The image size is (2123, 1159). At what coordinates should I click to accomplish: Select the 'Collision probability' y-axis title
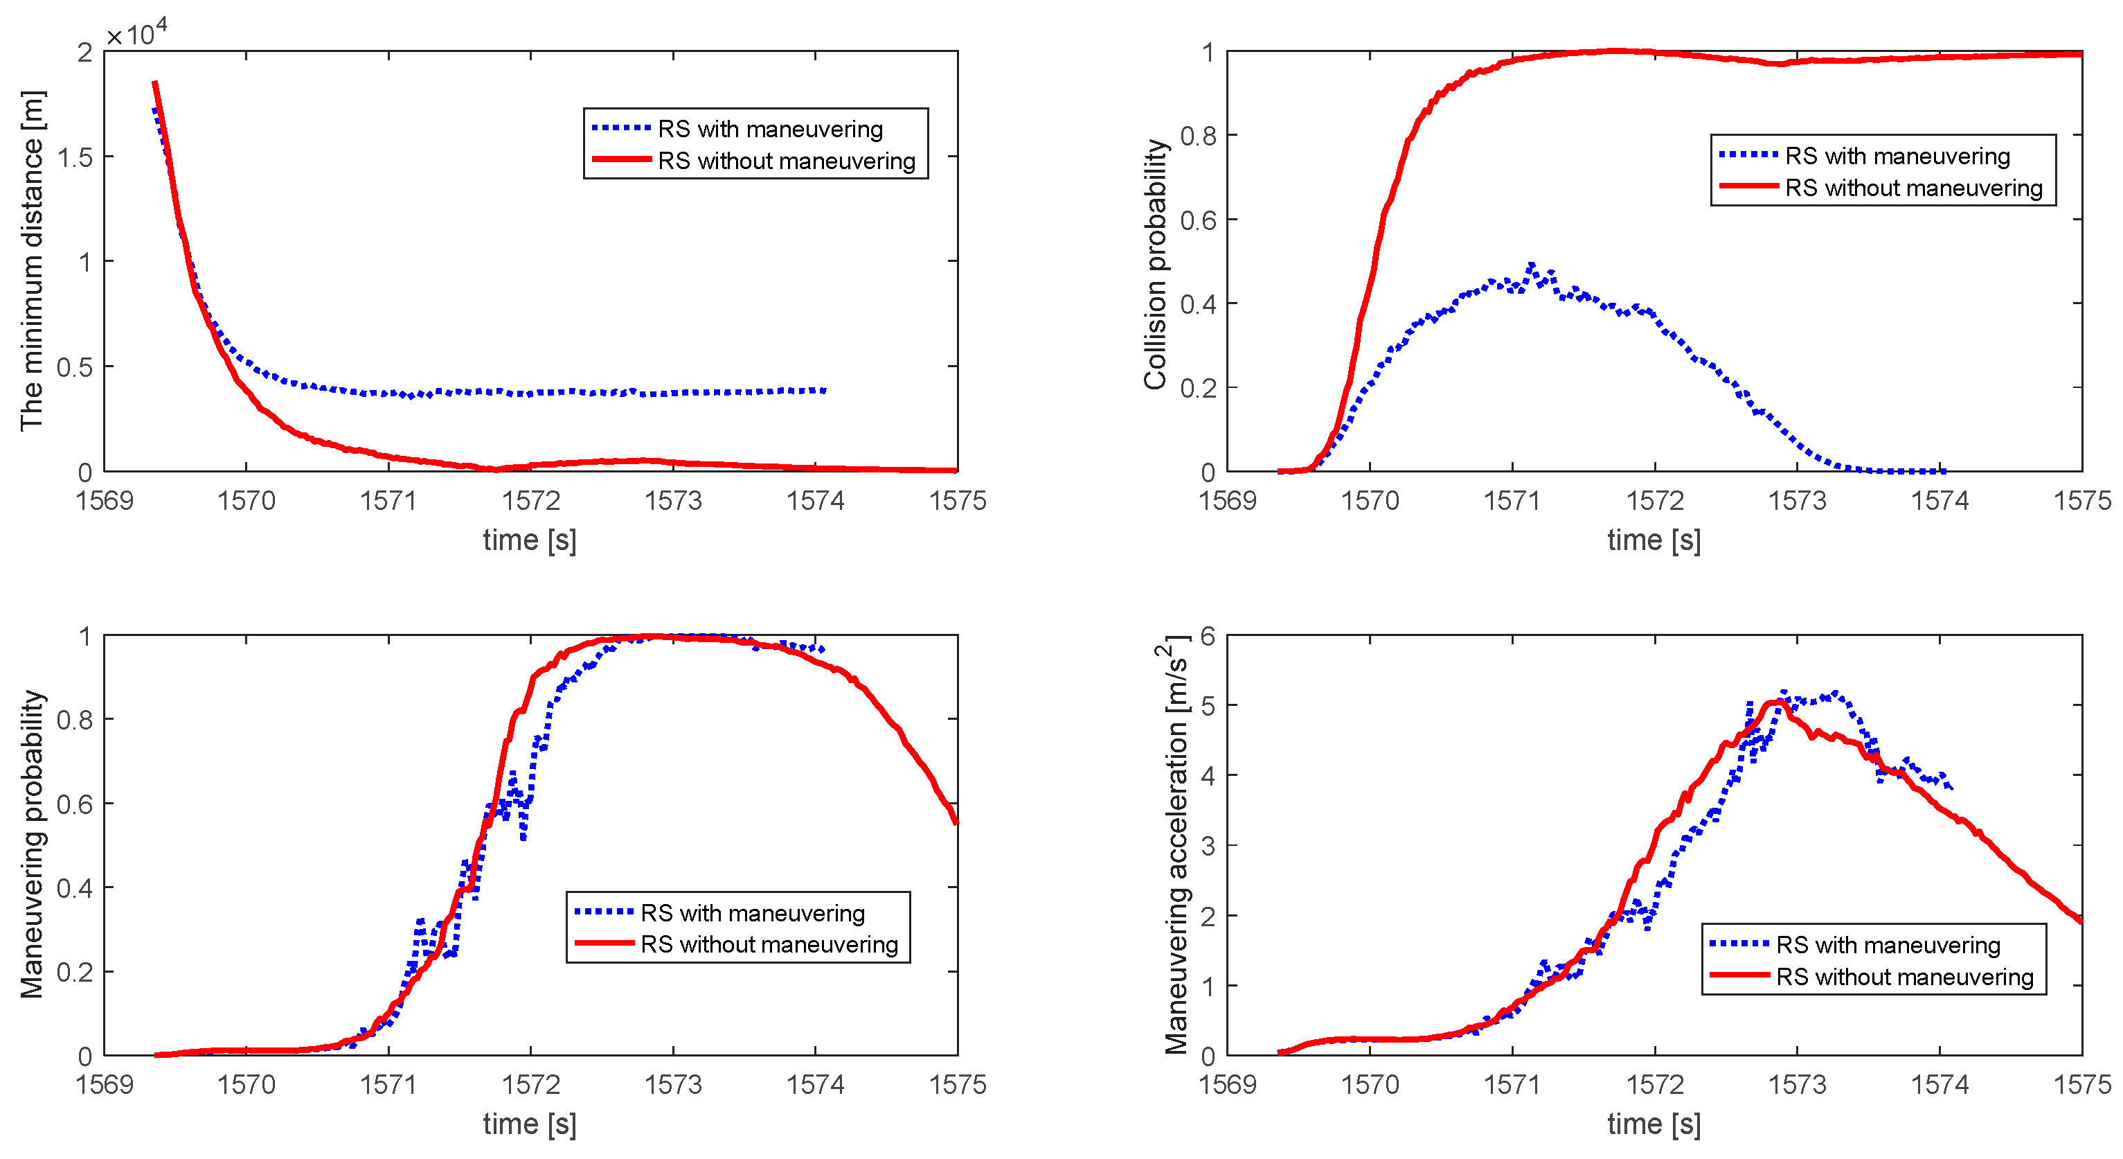pos(1156,264)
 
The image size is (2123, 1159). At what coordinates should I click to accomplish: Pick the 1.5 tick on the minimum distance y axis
pos(75,157)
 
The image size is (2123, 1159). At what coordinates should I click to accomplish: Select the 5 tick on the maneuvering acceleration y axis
pos(1208,707)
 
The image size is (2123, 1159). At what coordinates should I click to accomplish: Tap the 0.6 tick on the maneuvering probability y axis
pos(75,804)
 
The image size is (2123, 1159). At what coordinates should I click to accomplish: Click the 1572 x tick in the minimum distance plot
pos(530,500)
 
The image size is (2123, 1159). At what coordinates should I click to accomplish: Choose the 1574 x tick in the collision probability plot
pos(1940,500)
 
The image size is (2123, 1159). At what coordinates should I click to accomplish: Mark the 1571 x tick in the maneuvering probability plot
pos(388,1084)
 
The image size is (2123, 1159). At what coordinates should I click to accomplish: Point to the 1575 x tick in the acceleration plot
pos(2081,1084)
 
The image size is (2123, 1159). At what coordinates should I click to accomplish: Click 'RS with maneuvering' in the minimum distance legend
pos(770,130)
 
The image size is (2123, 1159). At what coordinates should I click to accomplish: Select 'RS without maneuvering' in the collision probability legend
pos(1914,188)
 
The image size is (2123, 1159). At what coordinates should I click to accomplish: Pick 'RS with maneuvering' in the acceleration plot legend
pos(1888,945)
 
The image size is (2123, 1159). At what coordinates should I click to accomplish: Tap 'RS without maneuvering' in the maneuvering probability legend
pos(769,945)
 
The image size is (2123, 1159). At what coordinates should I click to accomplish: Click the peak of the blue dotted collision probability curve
pos(1531,265)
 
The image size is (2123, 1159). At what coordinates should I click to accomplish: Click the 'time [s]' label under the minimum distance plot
pos(530,541)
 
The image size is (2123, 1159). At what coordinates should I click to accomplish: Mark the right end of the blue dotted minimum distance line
pos(824,391)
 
